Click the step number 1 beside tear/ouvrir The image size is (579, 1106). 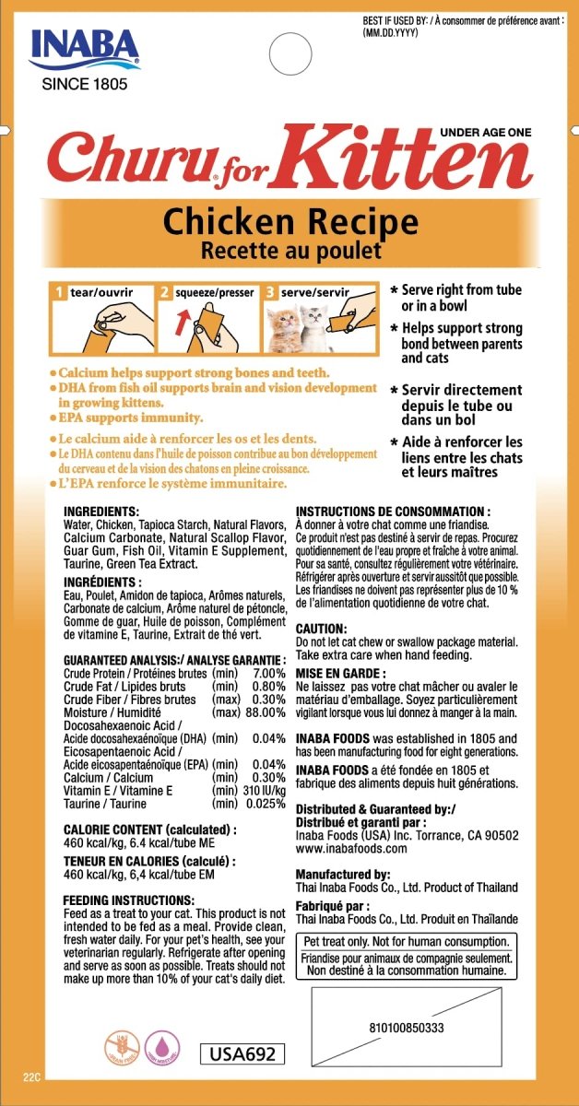(58, 292)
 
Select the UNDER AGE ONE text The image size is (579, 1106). (487, 133)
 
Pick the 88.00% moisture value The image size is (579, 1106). (262, 712)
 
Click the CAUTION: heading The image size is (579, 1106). (321, 627)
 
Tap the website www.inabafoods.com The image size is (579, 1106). (352, 848)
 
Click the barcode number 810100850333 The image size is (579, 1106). (406, 1027)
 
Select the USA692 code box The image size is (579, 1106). (242, 1053)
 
